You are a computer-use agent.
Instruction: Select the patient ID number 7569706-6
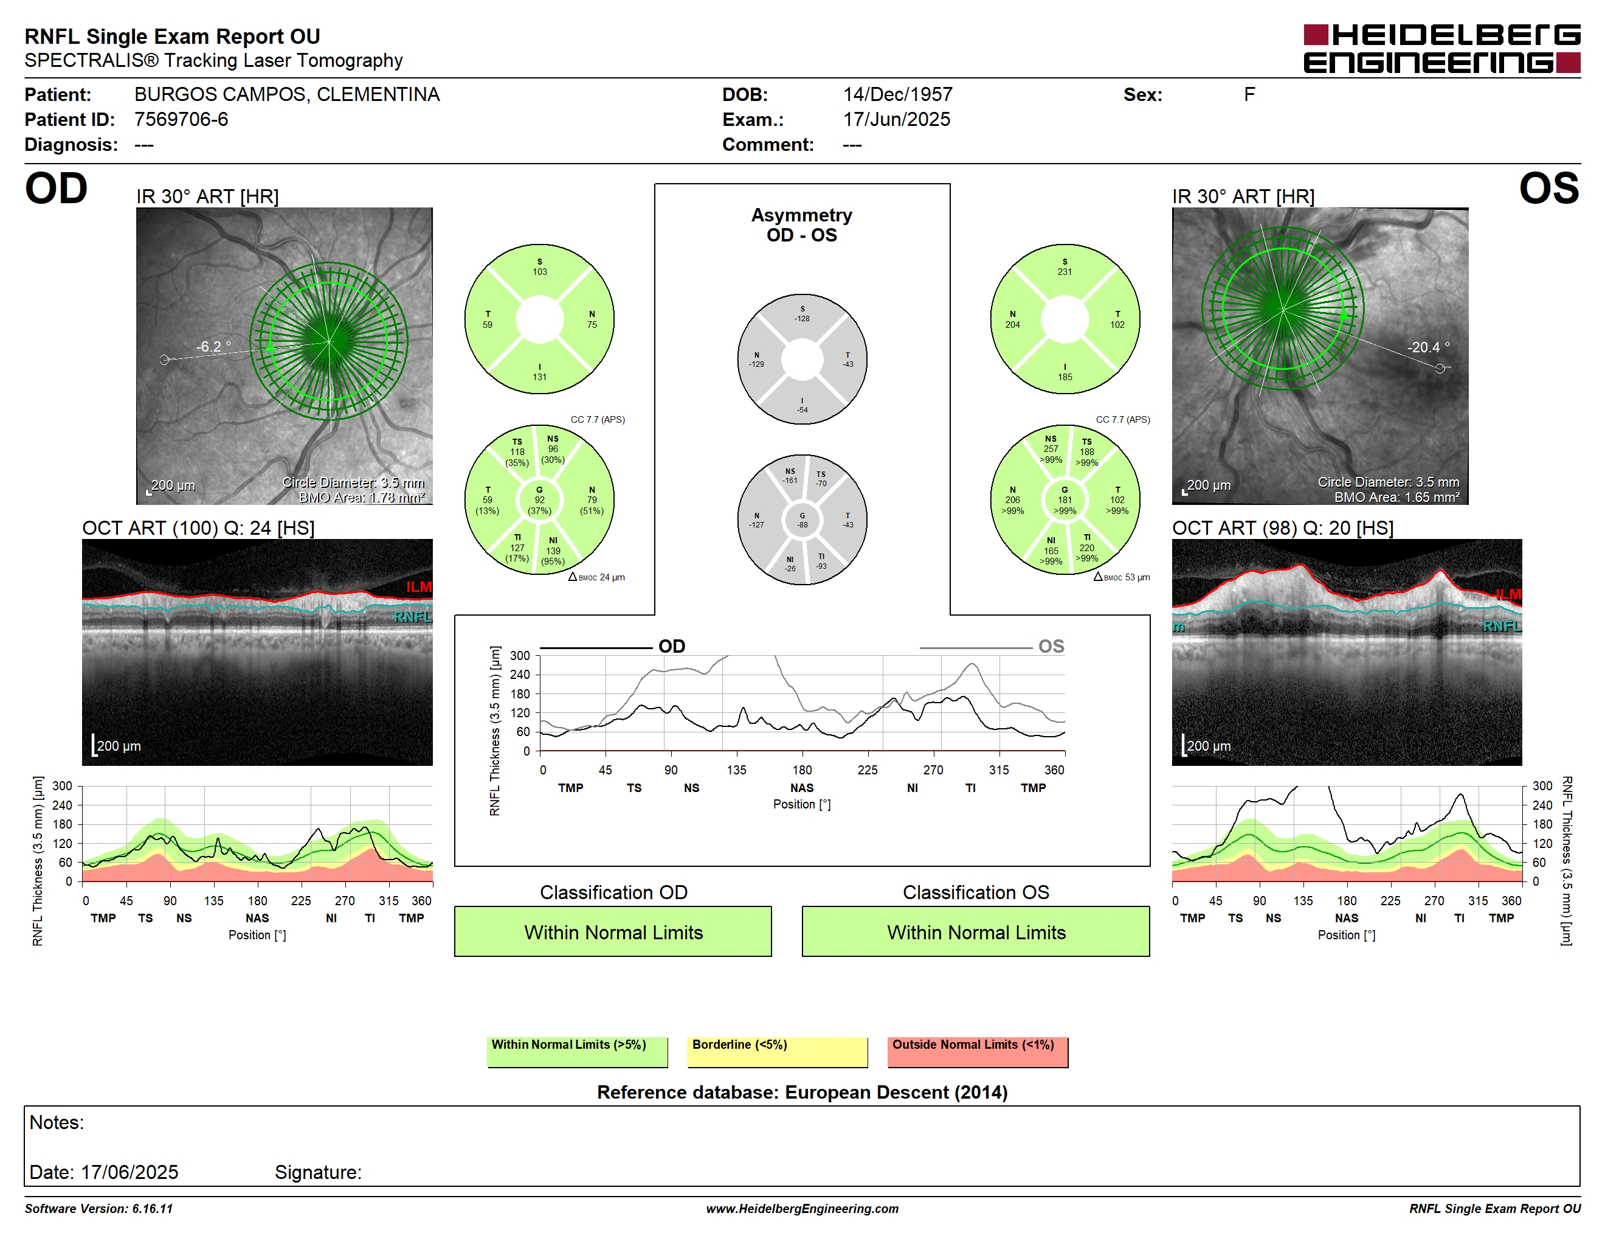coord(181,119)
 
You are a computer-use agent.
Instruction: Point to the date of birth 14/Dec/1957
coord(897,94)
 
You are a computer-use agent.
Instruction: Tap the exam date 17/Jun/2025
coord(896,119)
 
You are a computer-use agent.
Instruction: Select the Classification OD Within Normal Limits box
coord(613,931)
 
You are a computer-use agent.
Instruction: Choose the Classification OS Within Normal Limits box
coord(976,931)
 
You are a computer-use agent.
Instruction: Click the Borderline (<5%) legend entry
coord(778,1051)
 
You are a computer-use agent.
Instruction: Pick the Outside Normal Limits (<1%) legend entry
coord(978,1051)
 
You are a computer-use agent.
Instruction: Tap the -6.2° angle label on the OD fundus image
coord(213,346)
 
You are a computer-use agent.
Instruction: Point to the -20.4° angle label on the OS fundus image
coord(1428,347)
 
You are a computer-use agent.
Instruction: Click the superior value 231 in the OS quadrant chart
coord(1065,272)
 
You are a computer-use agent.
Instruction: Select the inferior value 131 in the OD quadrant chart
coord(539,377)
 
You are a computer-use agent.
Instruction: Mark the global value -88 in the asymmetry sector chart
coord(802,525)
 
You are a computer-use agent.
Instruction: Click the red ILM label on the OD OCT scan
coord(419,586)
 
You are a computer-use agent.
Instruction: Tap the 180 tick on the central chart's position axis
coord(802,770)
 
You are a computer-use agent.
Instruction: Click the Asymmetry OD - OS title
coord(802,225)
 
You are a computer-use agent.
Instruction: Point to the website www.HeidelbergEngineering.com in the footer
coord(802,1209)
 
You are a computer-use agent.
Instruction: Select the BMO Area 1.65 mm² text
coord(1397,497)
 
